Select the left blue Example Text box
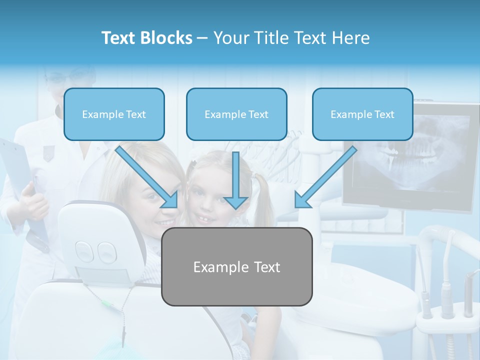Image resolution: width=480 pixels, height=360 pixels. click(x=114, y=114)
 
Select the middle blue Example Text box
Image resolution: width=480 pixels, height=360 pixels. click(x=236, y=114)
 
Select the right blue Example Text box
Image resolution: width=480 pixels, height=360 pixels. click(x=362, y=114)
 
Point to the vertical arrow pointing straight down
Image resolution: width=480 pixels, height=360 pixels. click(x=236, y=180)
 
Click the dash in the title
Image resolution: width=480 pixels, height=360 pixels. click(x=202, y=38)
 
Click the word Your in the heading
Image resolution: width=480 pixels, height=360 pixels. click(x=230, y=38)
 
